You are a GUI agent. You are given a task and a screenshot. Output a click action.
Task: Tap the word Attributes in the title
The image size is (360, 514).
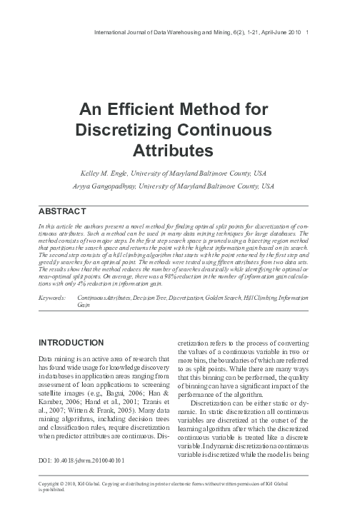174,151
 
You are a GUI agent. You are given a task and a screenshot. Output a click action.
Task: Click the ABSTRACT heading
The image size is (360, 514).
61,212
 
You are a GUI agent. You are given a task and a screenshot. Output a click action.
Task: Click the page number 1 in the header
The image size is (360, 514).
307,34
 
